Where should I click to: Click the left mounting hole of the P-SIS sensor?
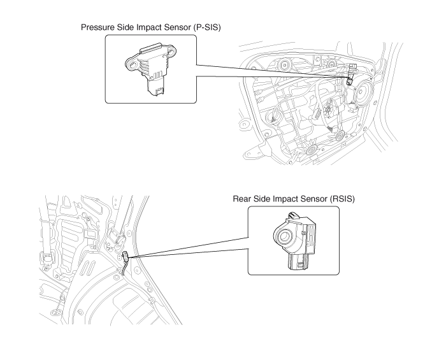tap(133, 64)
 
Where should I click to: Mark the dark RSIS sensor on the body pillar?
tap(126, 258)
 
